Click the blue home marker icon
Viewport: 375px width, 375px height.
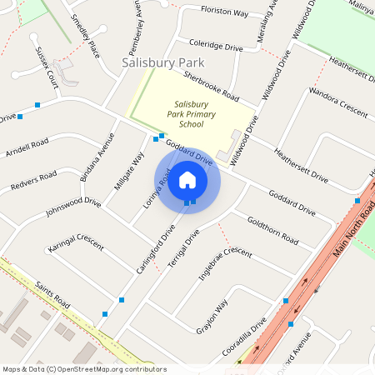click(x=187, y=180)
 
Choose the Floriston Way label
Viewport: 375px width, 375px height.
click(x=224, y=13)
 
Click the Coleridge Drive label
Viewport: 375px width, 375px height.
click(x=216, y=46)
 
